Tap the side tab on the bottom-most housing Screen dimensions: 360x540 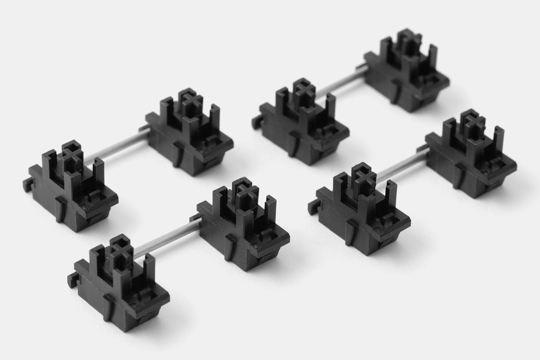[81, 278]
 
